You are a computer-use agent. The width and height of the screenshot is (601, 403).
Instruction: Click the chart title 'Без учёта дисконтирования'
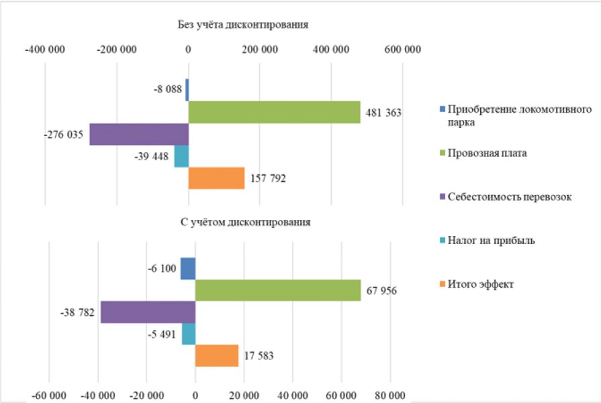(x=243, y=25)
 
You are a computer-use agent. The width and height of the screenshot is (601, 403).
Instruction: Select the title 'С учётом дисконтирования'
(x=245, y=223)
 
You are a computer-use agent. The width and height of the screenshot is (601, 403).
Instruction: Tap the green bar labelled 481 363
(x=275, y=112)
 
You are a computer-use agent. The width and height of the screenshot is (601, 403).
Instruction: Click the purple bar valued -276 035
(x=139, y=134)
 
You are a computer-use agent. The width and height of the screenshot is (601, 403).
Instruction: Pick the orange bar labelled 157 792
(x=216, y=178)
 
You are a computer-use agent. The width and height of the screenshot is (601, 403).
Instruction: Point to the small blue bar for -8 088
(x=187, y=90)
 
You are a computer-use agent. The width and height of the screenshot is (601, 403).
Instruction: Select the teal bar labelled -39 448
(x=182, y=156)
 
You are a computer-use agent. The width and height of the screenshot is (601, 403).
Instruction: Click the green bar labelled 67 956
(x=278, y=290)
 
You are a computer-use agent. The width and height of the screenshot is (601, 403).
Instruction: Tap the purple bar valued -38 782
(x=148, y=312)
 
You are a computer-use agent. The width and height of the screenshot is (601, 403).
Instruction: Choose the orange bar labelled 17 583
(x=217, y=355)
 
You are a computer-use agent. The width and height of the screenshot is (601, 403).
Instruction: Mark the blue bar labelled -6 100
(x=188, y=268)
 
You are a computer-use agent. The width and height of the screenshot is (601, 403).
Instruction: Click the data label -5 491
(x=162, y=334)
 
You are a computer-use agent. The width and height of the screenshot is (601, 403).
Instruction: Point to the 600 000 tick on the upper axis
(x=402, y=50)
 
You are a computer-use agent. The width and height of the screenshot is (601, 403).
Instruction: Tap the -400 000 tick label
(x=45, y=50)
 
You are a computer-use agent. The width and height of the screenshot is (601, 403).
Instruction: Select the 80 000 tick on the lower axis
(x=389, y=396)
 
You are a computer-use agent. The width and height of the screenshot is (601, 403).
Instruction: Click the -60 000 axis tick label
(x=48, y=396)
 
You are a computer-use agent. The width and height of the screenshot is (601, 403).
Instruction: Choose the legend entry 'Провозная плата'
(x=483, y=153)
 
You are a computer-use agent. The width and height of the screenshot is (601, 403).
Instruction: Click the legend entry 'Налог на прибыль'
(x=487, y=240)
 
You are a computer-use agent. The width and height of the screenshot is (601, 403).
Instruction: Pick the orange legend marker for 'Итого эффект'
(x=443, y=284)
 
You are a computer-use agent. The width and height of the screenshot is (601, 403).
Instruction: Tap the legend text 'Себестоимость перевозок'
(x=510, y=196)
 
